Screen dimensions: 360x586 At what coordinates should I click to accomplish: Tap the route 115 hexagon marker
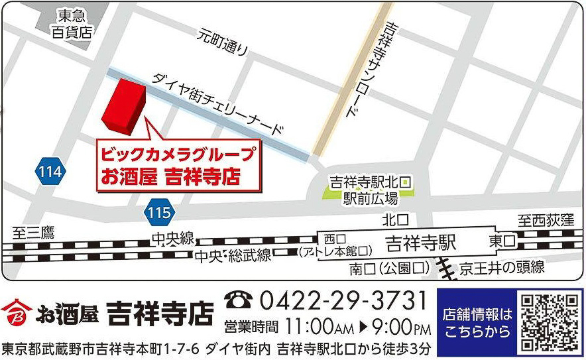pos(160,213)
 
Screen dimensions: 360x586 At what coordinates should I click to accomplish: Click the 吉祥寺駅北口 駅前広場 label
pos(371,189)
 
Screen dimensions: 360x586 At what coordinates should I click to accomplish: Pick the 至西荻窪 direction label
pos(546,219)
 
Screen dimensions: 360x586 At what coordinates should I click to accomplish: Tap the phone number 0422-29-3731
pos(343,302)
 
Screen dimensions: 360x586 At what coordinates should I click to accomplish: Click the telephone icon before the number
pos(238,302)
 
